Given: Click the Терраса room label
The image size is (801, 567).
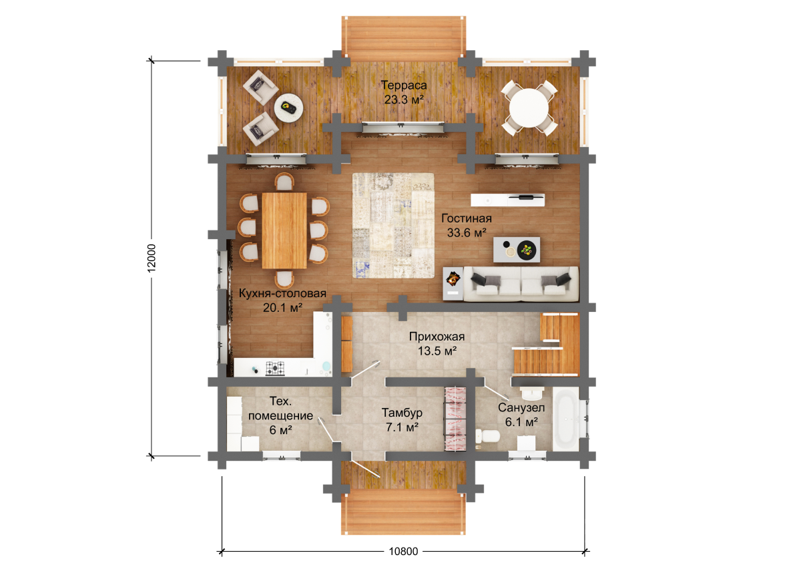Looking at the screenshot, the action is (x=404, y=85).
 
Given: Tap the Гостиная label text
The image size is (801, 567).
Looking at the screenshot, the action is (x=467, y=218).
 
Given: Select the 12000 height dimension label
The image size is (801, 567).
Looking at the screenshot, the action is (x=152, y=258).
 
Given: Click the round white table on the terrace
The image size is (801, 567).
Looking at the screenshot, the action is (x=529, y=108).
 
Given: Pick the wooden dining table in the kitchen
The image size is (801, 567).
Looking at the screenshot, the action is (x=284, y=230).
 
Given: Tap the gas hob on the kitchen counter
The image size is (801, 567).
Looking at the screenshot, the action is (x=275, y=369).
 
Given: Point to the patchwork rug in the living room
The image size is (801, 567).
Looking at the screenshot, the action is (x=393, y=226).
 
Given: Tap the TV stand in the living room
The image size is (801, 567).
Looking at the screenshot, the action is (x=507, y=200).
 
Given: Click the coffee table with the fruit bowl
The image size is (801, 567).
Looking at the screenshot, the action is (x=517, y=249).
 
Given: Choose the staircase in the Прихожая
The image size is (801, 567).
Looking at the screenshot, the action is (x=547, y=344).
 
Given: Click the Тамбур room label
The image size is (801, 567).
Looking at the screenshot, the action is (x=402, y=413).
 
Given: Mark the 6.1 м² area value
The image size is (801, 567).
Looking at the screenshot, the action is (x=521, y=422).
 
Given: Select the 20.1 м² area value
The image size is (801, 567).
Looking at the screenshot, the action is (x=283, y=307).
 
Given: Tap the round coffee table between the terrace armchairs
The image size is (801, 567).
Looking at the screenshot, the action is (x=288, y=108).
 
